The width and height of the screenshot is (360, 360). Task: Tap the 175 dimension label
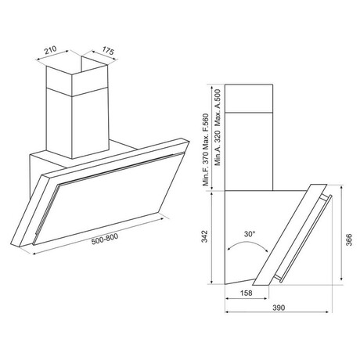tap(108, 51)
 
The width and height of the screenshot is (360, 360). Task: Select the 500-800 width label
tap(105, 239)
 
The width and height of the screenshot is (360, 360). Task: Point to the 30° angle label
tap(250, 234)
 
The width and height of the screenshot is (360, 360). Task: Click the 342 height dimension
tap(204, 236)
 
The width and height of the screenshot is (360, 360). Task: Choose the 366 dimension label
tap(349, 239)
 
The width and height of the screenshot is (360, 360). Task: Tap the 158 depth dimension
tap(246, 293)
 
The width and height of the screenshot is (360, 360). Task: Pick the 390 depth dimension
tap(279, 308)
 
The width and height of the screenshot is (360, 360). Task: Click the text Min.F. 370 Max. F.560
tap(206, 149)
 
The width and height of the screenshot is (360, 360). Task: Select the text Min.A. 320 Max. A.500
tap(218, 128)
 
